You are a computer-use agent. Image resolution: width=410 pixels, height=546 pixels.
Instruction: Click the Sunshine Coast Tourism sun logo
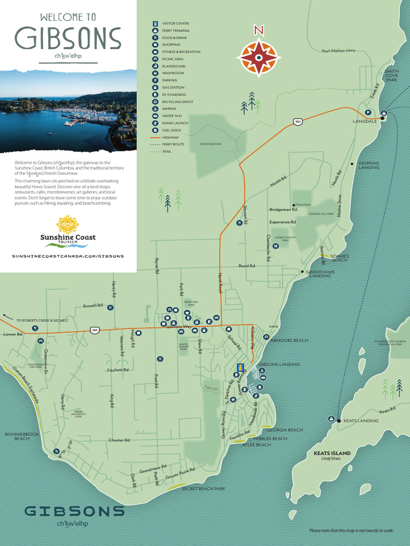click(x=67, y=225)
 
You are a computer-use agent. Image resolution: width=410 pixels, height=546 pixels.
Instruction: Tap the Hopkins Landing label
click(x=369, y=165)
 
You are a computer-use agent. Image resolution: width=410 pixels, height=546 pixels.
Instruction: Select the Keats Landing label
click(x=360, y=421)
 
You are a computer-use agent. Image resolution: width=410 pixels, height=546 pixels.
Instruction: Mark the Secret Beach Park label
click(x=203, y=488)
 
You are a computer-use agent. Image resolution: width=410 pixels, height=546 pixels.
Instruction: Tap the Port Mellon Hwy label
click(x=338, y=51)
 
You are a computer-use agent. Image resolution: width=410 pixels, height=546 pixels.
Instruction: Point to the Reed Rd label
click(x=247, y=266)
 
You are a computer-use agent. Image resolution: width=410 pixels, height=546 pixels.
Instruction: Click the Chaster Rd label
click(x=119, y=440)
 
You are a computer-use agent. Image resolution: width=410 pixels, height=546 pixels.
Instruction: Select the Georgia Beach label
click(x=285, y=430)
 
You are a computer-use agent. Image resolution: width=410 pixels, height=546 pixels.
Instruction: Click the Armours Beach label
click(x=289, y=340)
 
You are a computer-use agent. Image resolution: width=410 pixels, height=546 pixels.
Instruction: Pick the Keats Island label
click(x=332, y=453)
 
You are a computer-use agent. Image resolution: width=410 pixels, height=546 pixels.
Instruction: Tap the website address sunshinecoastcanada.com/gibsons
click(x=68, y=256)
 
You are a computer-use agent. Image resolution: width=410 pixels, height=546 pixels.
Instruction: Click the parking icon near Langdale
click(x=368, y=112)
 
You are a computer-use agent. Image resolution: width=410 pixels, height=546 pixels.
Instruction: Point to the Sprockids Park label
click(x=210, y=144)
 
